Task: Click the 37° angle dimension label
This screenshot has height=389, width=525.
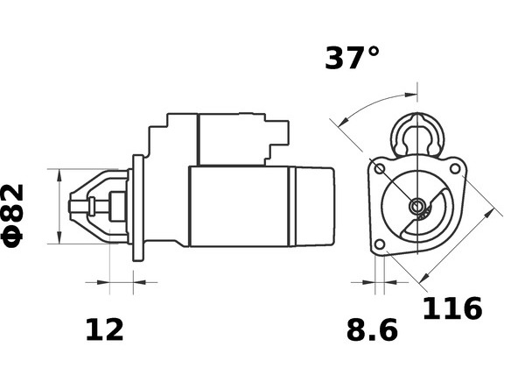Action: coord(353,58)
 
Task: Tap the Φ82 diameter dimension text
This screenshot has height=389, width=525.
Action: coord(13,216)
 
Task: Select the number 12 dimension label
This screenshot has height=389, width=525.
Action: coord(105,330)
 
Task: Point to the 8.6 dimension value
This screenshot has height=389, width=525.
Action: coord(372,330)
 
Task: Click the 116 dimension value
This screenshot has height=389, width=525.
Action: coord(452,308)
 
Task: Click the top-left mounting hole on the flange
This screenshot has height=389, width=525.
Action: coord(380,169)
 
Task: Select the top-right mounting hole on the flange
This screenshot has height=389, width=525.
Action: coord(455,168)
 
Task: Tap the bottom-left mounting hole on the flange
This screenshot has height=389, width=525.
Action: coord(380,244)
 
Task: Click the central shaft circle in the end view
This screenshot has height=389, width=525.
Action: coord(417,205)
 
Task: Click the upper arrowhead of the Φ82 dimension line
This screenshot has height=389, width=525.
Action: coord(59,175)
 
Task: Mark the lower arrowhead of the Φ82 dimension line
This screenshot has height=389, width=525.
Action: coord(59,237)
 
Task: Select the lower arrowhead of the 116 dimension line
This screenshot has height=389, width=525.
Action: coord(424,277)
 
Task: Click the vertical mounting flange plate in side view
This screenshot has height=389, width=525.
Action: coord(138,208)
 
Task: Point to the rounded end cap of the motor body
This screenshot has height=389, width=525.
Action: coord(315,206)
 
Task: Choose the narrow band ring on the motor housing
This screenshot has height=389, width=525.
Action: coord(292,206)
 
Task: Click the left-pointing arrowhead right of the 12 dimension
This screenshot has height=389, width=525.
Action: coord(140,282)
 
